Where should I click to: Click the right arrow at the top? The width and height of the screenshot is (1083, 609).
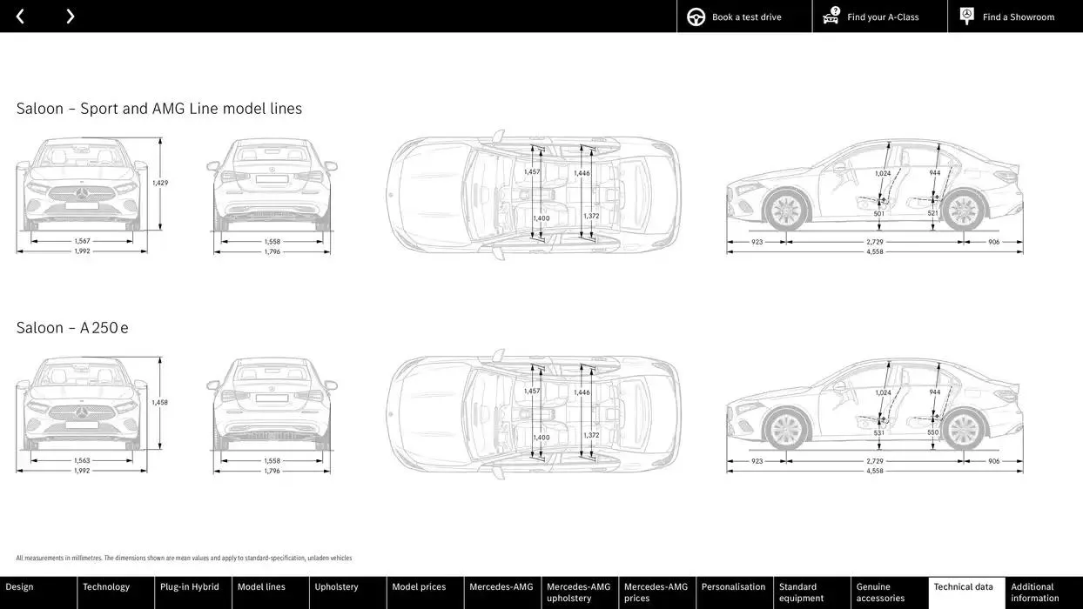(70, 17)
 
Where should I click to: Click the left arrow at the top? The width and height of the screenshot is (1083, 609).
(20, 17)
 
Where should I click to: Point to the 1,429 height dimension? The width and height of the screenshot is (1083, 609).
(160, 183)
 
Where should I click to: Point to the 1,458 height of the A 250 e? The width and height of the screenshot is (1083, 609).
(160, 403)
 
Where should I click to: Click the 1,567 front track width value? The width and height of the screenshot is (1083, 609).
(82, 241)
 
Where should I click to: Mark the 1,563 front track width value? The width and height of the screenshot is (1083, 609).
(82, 461)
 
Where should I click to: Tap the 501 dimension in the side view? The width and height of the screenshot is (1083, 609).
(879, 214)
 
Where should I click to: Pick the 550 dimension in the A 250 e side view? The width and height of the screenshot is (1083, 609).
(933, 432)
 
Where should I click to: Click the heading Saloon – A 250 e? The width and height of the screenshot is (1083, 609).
(72, 328)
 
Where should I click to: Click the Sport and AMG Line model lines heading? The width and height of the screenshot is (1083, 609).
(159, 109)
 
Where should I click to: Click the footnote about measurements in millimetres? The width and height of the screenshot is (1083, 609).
(184, 559)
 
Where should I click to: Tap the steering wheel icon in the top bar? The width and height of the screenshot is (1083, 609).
(696, 17)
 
